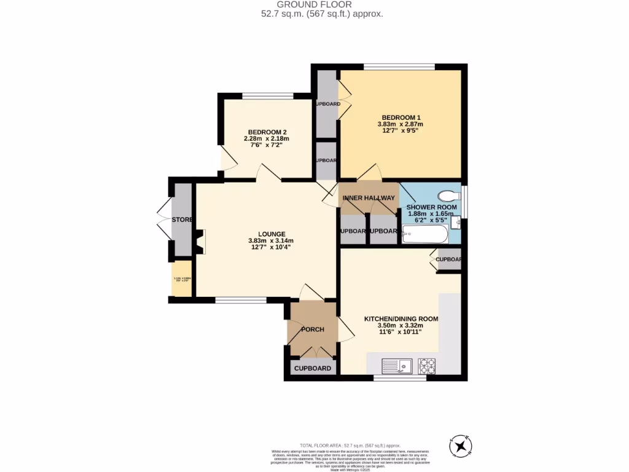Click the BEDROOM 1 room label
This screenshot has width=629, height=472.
(400, 117)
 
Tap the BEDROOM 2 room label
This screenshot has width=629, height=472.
(267, 132)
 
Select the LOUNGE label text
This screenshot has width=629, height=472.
(271, 234)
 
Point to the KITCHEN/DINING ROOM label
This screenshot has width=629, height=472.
(401, 319)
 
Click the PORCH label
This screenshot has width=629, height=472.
(312, 329)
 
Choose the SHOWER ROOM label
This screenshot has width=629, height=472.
(432, 208)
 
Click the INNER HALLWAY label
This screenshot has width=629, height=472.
(369, 198)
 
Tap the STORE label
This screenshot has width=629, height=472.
(182, 220)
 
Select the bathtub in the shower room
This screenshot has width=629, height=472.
(425, 234)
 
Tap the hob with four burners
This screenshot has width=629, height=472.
(427, 366)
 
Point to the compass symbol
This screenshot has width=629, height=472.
(461, 446)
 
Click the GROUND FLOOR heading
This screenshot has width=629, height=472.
(314, 5)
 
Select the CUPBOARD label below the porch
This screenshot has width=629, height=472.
(313, 369)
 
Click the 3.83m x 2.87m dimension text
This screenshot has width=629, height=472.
(400, 124)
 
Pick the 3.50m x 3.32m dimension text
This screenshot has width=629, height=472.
(401, 326)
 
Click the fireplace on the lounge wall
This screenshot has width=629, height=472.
(200, 241)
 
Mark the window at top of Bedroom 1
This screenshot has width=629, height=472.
(400, 66)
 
